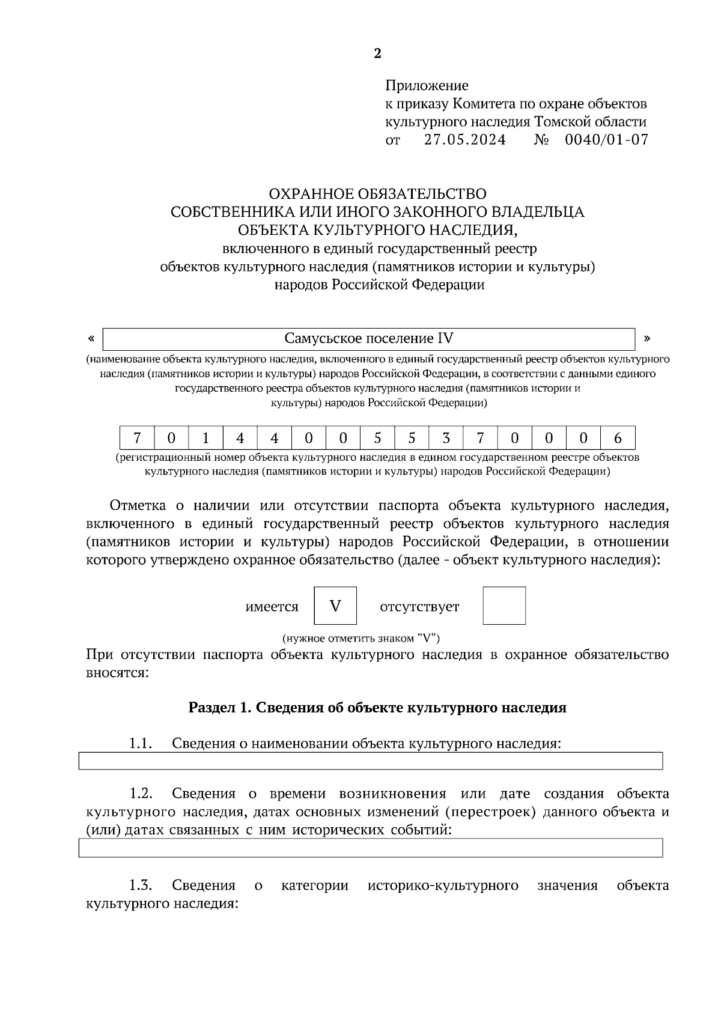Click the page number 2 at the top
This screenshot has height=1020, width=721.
coord(377,54)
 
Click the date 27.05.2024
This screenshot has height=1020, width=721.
coord(465,141)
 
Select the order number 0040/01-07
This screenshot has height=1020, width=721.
coord(606,141)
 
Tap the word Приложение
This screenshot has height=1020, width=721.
coord(427,85)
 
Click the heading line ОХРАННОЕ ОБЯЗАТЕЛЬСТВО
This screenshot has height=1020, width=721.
coord(377,194)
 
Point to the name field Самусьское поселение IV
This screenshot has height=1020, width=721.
coord(369,339)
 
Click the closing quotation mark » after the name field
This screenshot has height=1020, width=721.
coord(647,338)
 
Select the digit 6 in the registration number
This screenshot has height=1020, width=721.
coord(618,439)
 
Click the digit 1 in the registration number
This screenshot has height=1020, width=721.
coord(205,439)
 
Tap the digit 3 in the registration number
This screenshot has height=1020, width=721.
coord(446,439)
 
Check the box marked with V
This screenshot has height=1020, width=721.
coord(335,606)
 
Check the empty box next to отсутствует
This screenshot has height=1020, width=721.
coord(504,606)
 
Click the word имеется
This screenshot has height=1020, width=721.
coord(272,607)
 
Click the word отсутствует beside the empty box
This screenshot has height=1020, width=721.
coord(419,607)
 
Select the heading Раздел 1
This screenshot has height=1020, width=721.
coord(377,708)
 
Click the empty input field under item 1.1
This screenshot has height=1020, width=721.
coord(371,761)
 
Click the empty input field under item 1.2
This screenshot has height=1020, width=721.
coord(371,848)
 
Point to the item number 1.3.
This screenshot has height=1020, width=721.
coord(139,885)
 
